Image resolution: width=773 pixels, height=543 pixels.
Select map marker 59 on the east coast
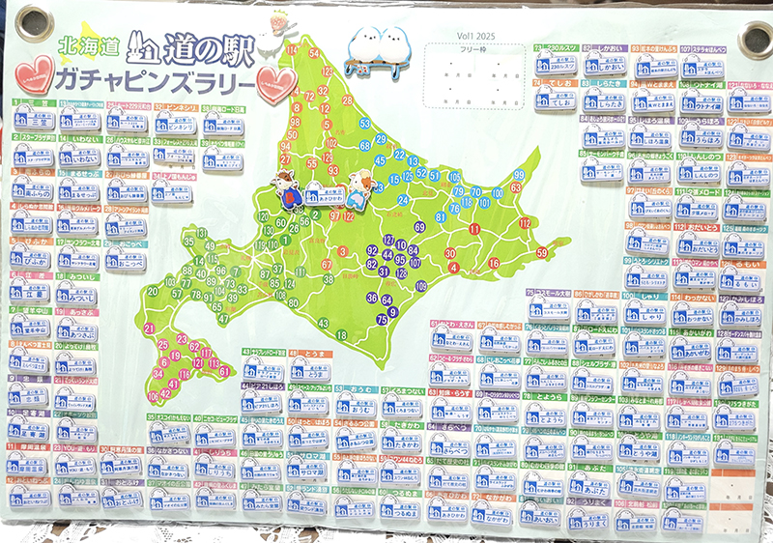click(541, 252)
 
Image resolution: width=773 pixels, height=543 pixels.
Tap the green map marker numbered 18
click(341, 334)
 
